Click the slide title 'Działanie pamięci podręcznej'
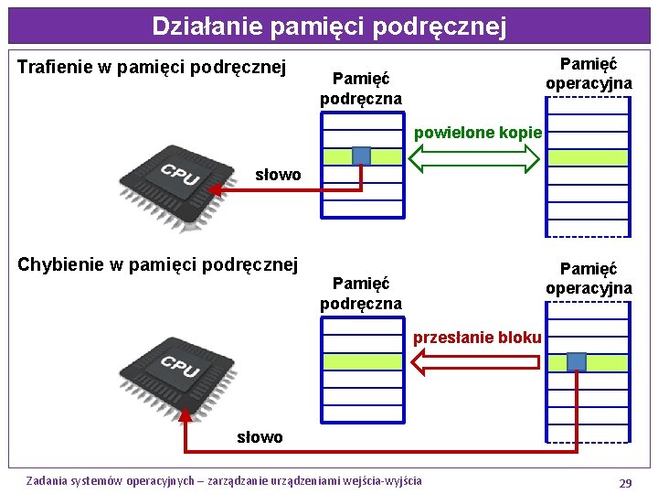click(328, 26)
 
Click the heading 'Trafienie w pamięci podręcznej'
click(153, 67)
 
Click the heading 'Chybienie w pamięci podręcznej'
click(158, 265)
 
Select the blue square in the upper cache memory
click(362, 156)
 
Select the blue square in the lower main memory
click(577, 361)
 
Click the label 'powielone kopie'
click(478, 133)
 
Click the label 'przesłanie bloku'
click(477, 338)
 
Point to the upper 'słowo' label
click(278, 175)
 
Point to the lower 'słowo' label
click(260, 437)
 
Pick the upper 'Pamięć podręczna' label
click(361, 89)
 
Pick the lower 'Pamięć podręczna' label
click(361, 294)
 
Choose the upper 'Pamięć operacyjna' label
click(589, 73)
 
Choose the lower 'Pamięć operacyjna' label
click(589, 278)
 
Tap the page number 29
click(625, 483)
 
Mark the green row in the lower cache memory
click(362, 361)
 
